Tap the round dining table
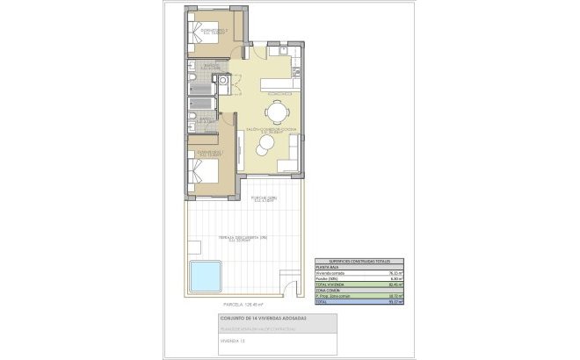point(276,111)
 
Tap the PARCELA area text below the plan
point(231,305)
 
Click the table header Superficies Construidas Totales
point(358,262)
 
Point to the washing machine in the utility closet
point(223,83)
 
